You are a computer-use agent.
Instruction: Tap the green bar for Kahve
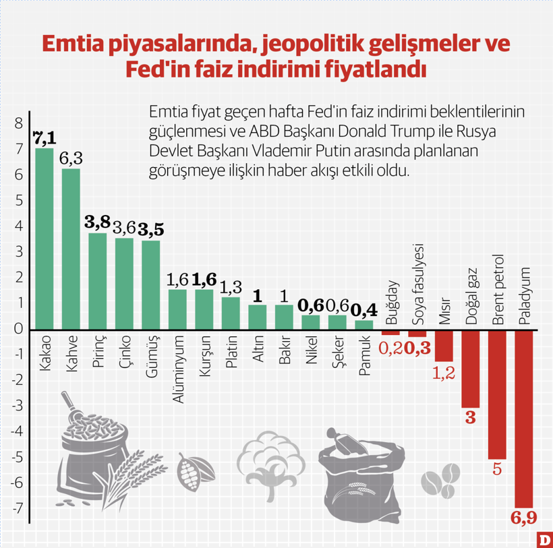click(71, 249)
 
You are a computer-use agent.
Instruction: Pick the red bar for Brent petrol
click(497, 394)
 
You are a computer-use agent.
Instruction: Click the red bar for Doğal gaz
click(470, 369)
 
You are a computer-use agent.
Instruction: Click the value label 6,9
click(524, 519)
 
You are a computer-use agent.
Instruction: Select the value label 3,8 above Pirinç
click(98, 222)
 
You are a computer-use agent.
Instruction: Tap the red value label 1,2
click(443, 373)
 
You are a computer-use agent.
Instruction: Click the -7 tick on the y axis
click(18, 508)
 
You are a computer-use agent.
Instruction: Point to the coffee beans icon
click(442, 481)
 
